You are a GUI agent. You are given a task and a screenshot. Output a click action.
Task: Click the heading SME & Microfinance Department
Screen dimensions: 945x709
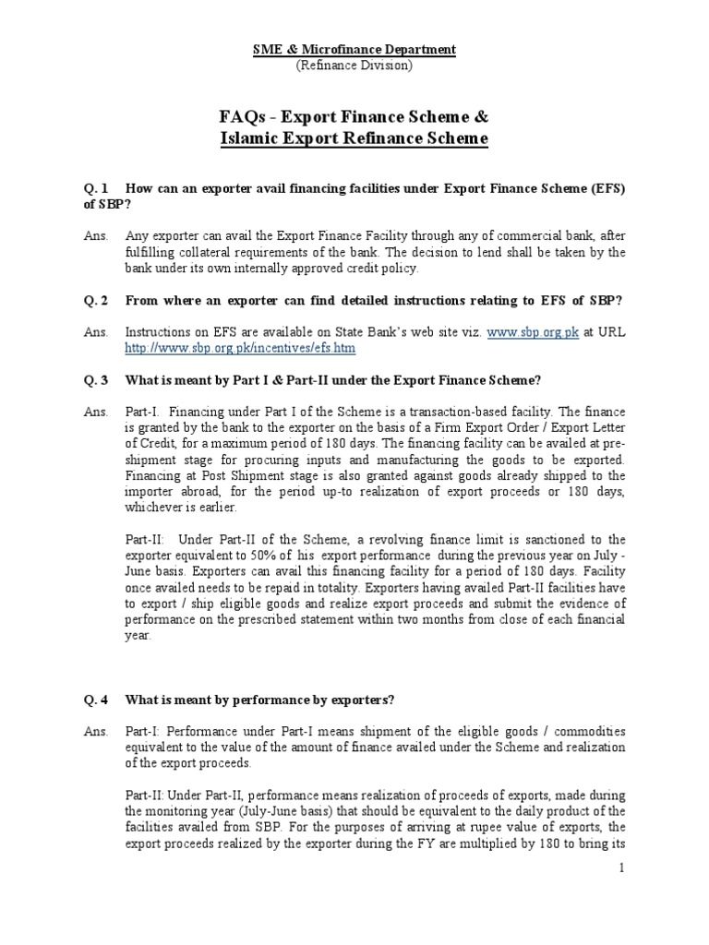[354, 49]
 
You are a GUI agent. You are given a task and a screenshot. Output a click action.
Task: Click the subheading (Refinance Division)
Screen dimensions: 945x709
[354, 65]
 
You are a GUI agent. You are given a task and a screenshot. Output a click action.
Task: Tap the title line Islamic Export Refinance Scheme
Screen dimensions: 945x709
[354, 139]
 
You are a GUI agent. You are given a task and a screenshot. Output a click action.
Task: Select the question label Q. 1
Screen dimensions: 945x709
[96, 188]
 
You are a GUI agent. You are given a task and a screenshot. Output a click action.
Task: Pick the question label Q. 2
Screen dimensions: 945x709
[96, 301]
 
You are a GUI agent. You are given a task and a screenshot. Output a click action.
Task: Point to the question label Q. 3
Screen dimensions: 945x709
[96, 380]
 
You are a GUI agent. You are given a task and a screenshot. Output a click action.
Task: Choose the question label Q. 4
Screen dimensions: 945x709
[96, 700]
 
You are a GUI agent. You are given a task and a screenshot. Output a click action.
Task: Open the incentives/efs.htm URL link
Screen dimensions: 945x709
[240, 348]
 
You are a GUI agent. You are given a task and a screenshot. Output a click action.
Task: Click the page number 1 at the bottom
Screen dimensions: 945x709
[622, 868]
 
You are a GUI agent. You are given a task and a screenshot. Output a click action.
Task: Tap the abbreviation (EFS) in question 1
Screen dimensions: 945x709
[604, 188]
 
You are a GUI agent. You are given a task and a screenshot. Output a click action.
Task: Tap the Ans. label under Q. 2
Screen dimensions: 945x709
[94, 332]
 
